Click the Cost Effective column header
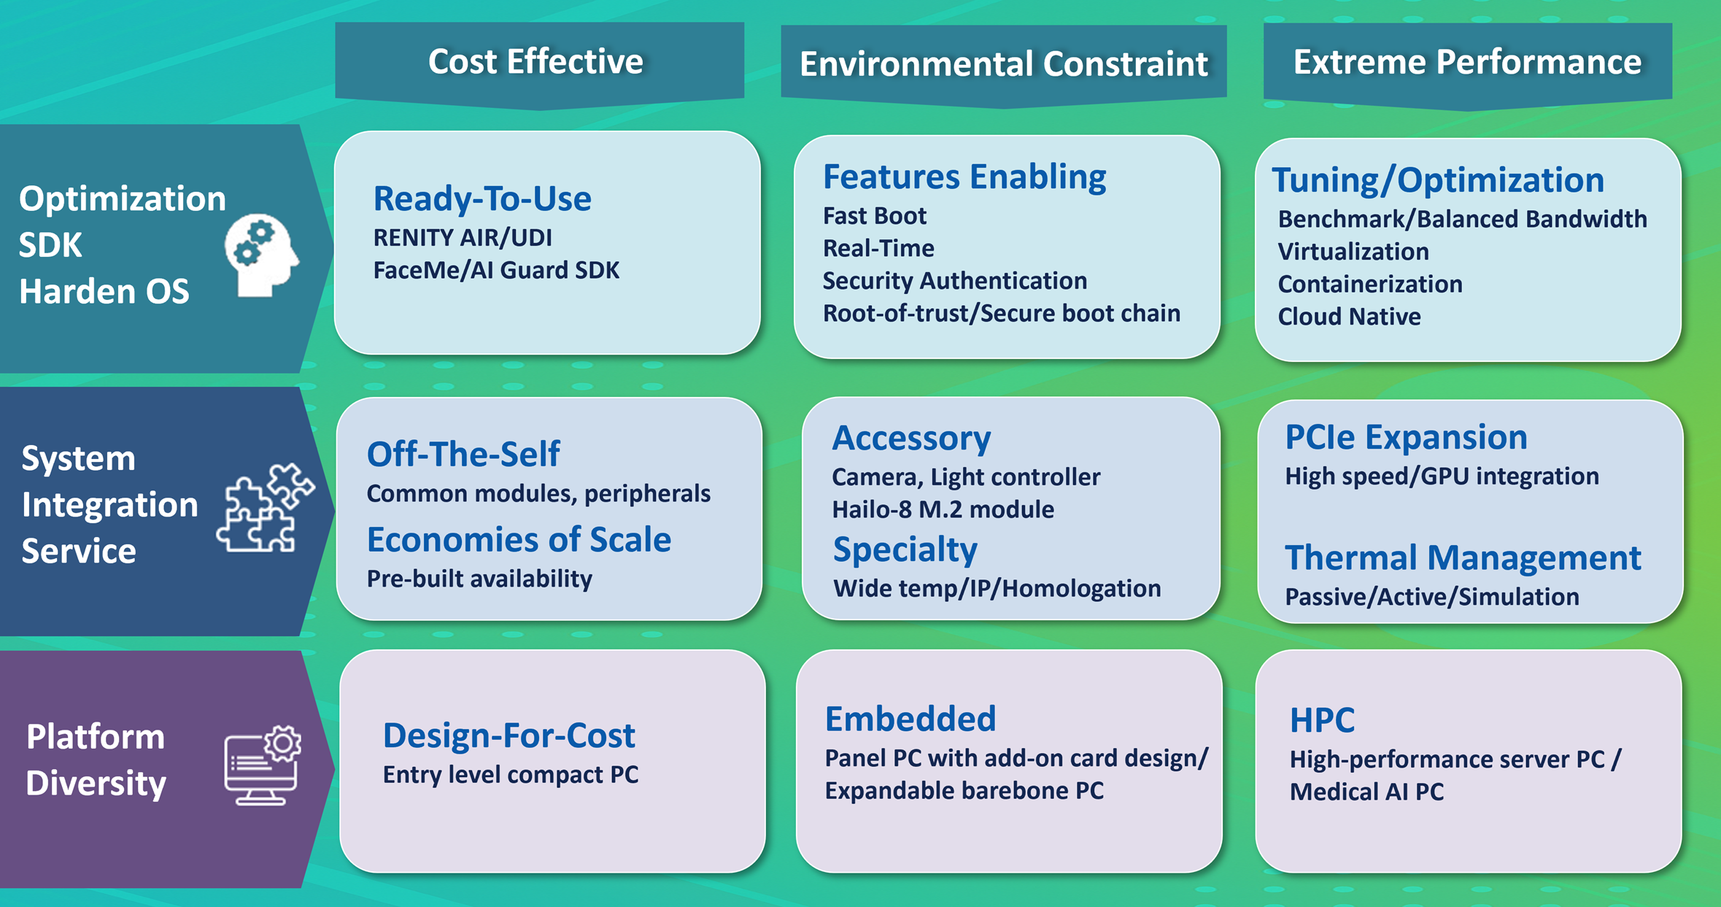pyautogui.click(x=535, y=61)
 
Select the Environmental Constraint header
pyautogui.click(x=1003, y=63)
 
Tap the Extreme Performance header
pyautogui.click(x=1467, y=62)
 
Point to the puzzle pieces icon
pyautogui.click(x=266, y=508)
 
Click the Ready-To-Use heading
pyautogui.click(x=482, y=198)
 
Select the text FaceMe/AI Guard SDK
pyautogui.click(x=496, y=270)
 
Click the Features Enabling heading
pyautogui.click(x=964, y=177)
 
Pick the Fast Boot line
pyautogui.click(x=874, y=216)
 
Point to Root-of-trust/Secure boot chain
pyautogui.click(x=1001, y=313)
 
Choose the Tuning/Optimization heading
pyautogui.click(x=1438, y=180)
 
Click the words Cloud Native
pyautogui.click(x=1349, y=317)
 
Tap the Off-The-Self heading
pyautogui.click(x=463, y=454)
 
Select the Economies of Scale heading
pyautogui.click(x=519, y=540)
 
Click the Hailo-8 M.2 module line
pyautogui.click(x=943, y=509)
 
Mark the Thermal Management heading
pyautogui.click(x=1463, y=558)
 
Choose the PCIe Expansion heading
pyautogui.click(x=1406, y=437)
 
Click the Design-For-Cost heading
pyautogui.click(x=508, y=736)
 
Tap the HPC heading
pyautogui.click(x=1322, y=720)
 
